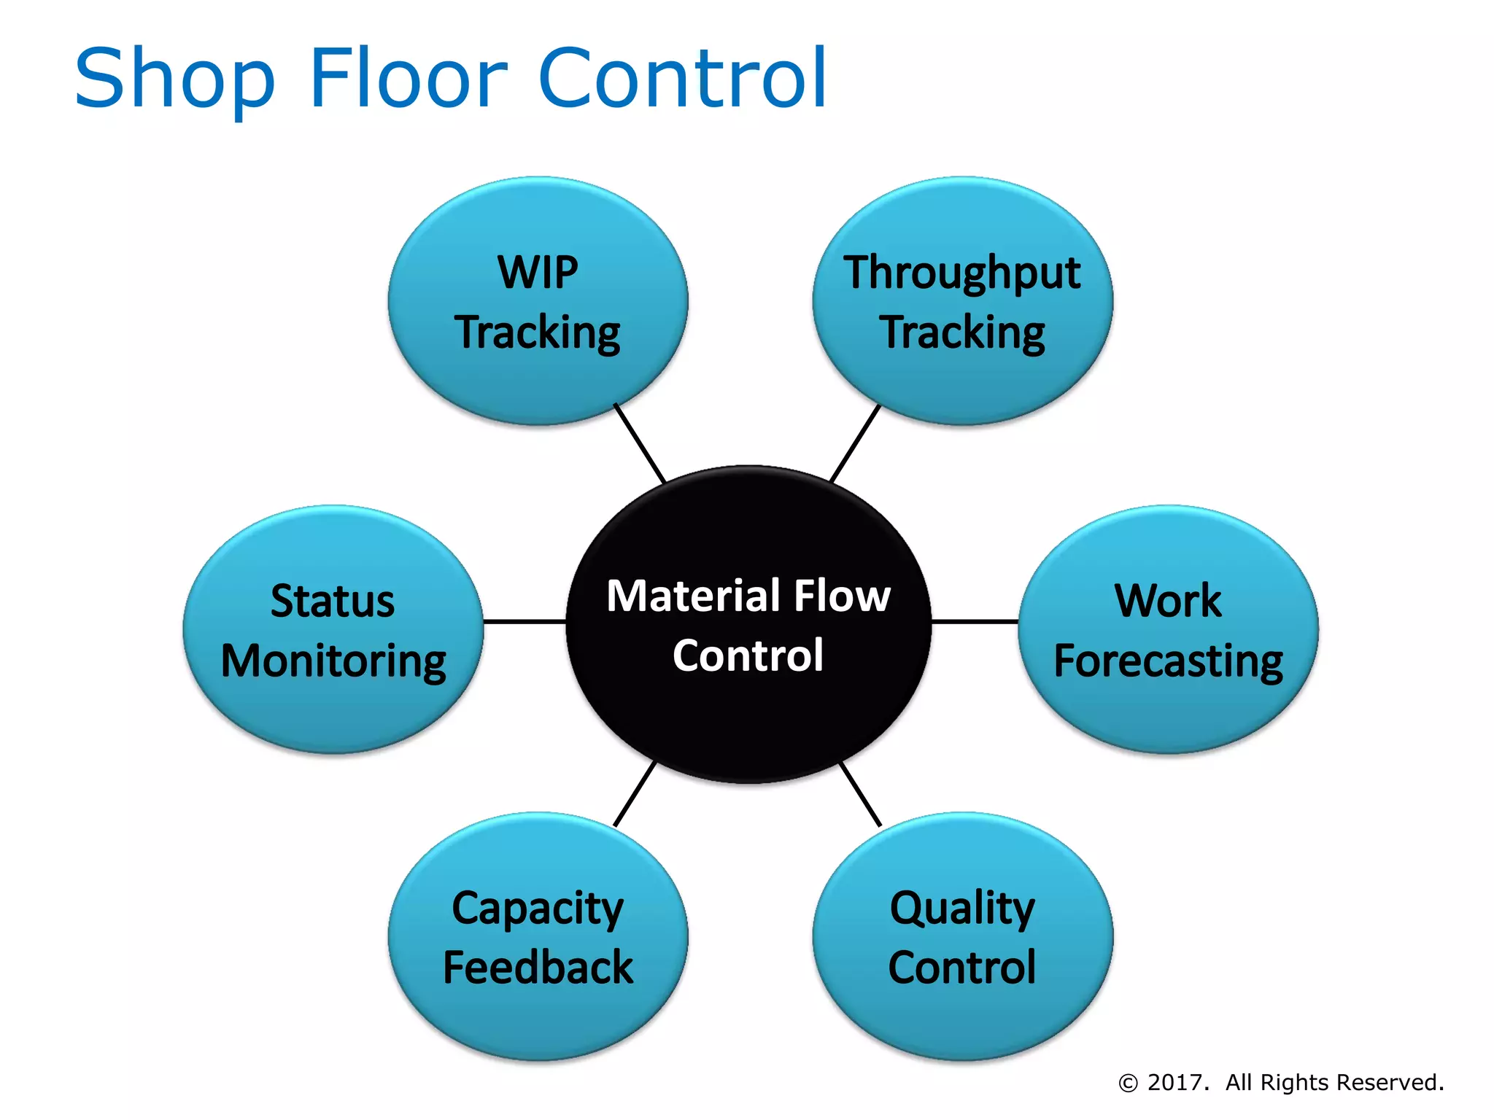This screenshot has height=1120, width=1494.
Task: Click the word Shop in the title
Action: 175,79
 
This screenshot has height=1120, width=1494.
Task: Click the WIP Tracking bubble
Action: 538,300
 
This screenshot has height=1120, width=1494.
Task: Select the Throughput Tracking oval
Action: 962,300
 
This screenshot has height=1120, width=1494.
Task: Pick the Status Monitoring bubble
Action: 333,629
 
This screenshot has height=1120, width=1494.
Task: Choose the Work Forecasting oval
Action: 1168,629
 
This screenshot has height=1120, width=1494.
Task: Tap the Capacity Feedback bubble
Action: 538,936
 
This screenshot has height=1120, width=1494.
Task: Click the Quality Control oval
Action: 962,936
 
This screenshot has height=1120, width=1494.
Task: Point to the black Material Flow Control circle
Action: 748,624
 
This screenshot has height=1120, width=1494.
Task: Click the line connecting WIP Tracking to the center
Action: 640,443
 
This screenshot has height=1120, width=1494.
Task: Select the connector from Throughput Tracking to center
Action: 855,443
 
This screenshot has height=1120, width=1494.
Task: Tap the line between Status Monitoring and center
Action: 525,622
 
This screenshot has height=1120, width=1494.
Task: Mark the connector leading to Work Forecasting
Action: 975,622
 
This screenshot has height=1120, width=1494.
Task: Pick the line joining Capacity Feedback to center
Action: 635,794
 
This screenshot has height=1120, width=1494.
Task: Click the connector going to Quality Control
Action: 861,794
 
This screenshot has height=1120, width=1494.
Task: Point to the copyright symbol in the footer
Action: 1128,1084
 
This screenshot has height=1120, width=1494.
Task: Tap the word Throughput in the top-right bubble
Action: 962,273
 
